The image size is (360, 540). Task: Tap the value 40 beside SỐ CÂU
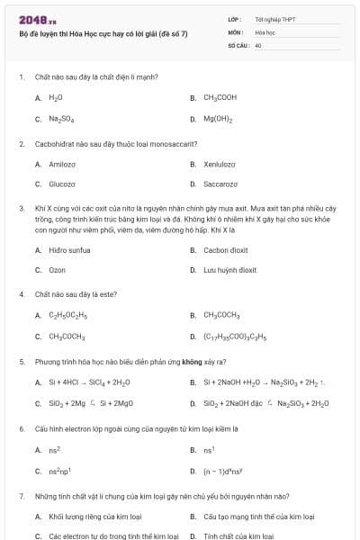[x=258, y=44]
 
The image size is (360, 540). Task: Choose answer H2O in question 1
[x=56, y=97]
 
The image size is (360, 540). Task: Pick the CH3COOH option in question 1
[x=220, y=97]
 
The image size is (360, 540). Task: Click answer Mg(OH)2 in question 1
[x=218, y=119]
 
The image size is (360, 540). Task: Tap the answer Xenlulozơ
[x=220, y=164]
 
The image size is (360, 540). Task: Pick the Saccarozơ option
[x=220, y=184]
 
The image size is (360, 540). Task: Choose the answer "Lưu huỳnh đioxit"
[x=230, y=269]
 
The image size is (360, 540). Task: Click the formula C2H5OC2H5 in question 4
[x=67, y=316]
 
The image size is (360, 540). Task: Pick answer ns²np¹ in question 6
[x=59, y=471]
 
